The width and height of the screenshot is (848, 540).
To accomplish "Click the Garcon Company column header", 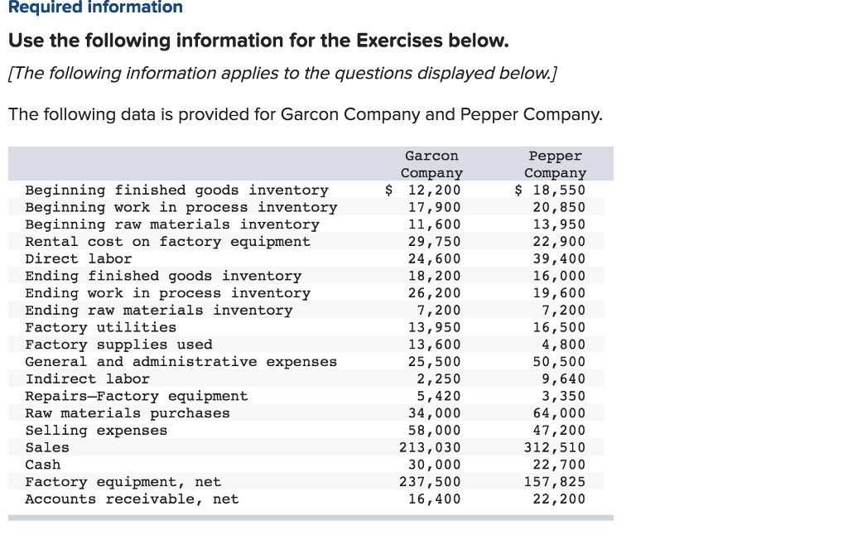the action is pyautogui.click(x=431, y=165).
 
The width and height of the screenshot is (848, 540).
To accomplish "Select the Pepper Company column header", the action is pyautogui.click(x=556, y=165).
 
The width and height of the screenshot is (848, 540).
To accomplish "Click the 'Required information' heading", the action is pyautogui.click(x=95, y=7).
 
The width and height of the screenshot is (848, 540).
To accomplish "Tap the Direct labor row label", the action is pyautogui.click(x=79, y=258).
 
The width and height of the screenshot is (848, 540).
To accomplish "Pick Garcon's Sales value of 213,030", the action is pyautogui.click(x=430, y=447).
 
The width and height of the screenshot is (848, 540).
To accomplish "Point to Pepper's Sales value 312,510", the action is pyautogui.click(x=555, y=447).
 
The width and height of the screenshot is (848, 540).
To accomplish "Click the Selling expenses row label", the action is pyautogui.click(x=96, y=430).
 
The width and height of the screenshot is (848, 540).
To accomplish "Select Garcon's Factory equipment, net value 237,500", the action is pyautogui.click(x=430, y=481).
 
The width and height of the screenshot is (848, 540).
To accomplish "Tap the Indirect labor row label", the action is pyautogui.click(x=88, y=378).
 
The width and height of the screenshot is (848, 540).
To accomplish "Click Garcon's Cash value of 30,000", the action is pyautogui.click(x=434, y=465).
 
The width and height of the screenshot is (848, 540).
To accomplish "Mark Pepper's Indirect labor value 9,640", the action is pyautogui.click(x=563, y=378).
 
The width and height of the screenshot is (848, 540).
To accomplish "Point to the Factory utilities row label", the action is pyautogui.click(x=100, y=327).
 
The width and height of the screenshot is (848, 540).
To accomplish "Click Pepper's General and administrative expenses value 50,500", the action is pyautogui.click(x=559, y=361).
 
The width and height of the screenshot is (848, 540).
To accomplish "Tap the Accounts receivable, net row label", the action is pyautogui.click(x=132, y=499).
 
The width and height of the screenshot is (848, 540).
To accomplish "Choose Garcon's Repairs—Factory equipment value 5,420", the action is pyautogui.click(x=439, y=396).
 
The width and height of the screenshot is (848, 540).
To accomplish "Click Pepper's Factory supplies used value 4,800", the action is pyautogui.click(x=563, y=345).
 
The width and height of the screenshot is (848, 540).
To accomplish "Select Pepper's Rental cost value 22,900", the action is pyautogui.click(x=559, y=241).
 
